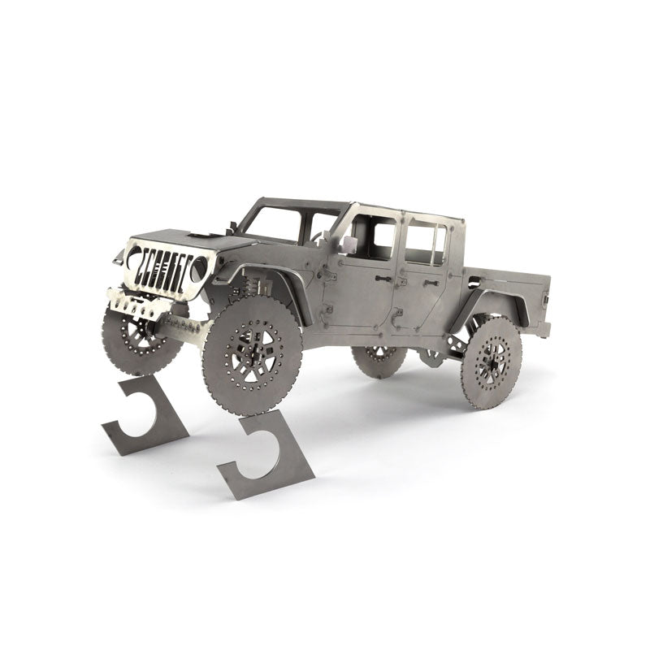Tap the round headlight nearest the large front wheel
tap(198, 268)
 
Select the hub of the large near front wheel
tap(253, 354)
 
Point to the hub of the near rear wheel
tap(491, 362)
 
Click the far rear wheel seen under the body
tap(379, 359)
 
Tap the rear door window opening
tap(425, 239)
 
